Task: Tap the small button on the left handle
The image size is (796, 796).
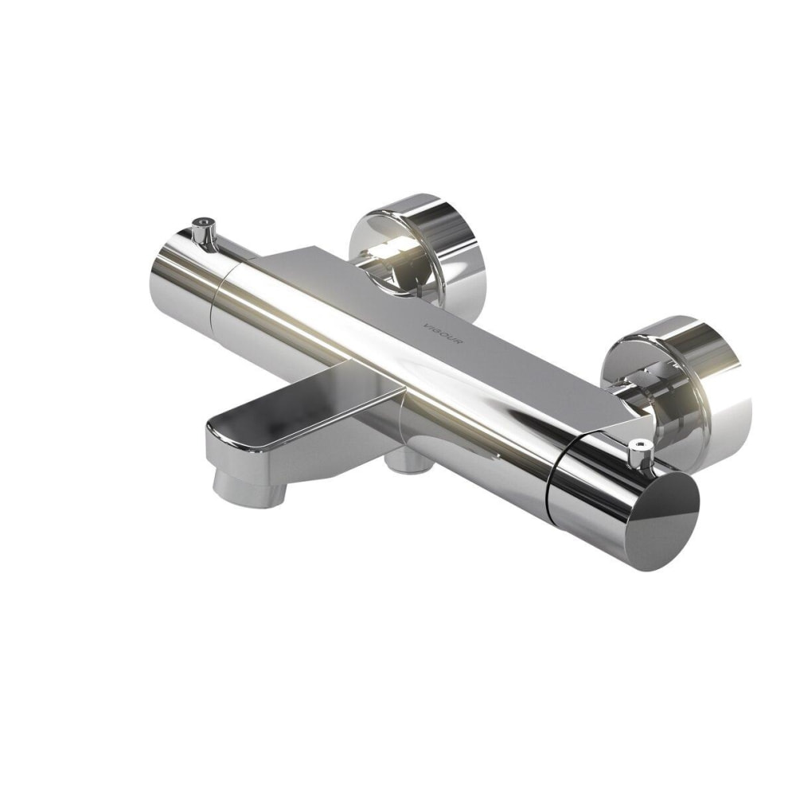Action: pyautogui.click(x=203, y=227)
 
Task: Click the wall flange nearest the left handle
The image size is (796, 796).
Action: pyautogui.click(x=418, y=247)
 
